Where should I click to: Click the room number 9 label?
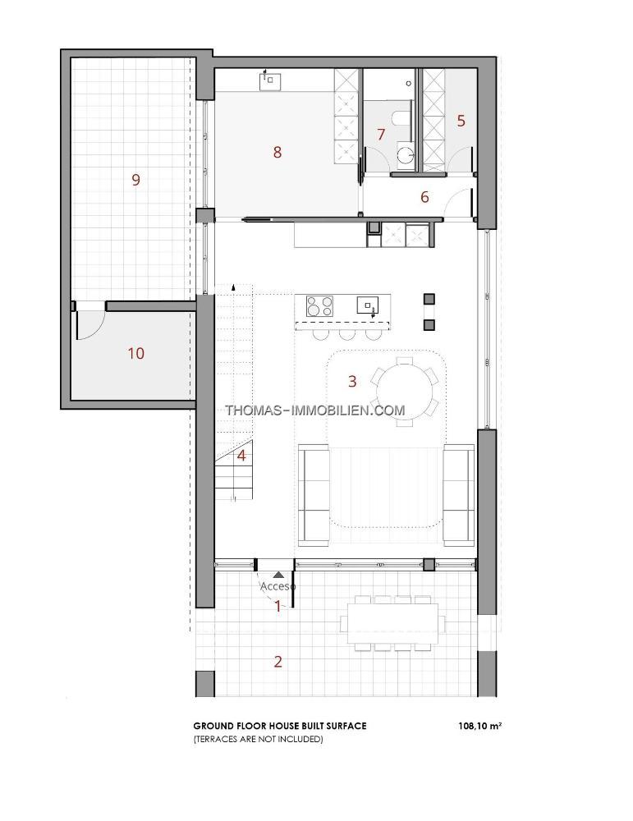(x=136, y=180)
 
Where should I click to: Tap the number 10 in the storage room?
(x=136, y=353)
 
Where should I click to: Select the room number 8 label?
(x=278, y=153)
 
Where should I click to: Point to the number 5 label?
(x=461, y=121)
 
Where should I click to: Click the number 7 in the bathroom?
(x=381, y=135)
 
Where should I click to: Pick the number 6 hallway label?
(x=424, y=197)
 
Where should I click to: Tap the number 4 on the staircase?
(x=241, y=456)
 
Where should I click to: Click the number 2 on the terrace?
(x=278, y=661)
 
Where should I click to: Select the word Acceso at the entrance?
(x=278, y=586)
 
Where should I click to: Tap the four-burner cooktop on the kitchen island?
(x=319, y=306)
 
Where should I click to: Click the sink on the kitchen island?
(x=369, y=305)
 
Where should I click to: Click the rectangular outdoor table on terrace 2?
(x=393, y=624)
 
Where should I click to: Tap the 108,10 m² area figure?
(x=480, y=726)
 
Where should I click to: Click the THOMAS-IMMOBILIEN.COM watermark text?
(x=316, y=410)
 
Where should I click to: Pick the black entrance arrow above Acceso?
(x=278, y=575)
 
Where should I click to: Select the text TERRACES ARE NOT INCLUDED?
(x=258, y=740)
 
